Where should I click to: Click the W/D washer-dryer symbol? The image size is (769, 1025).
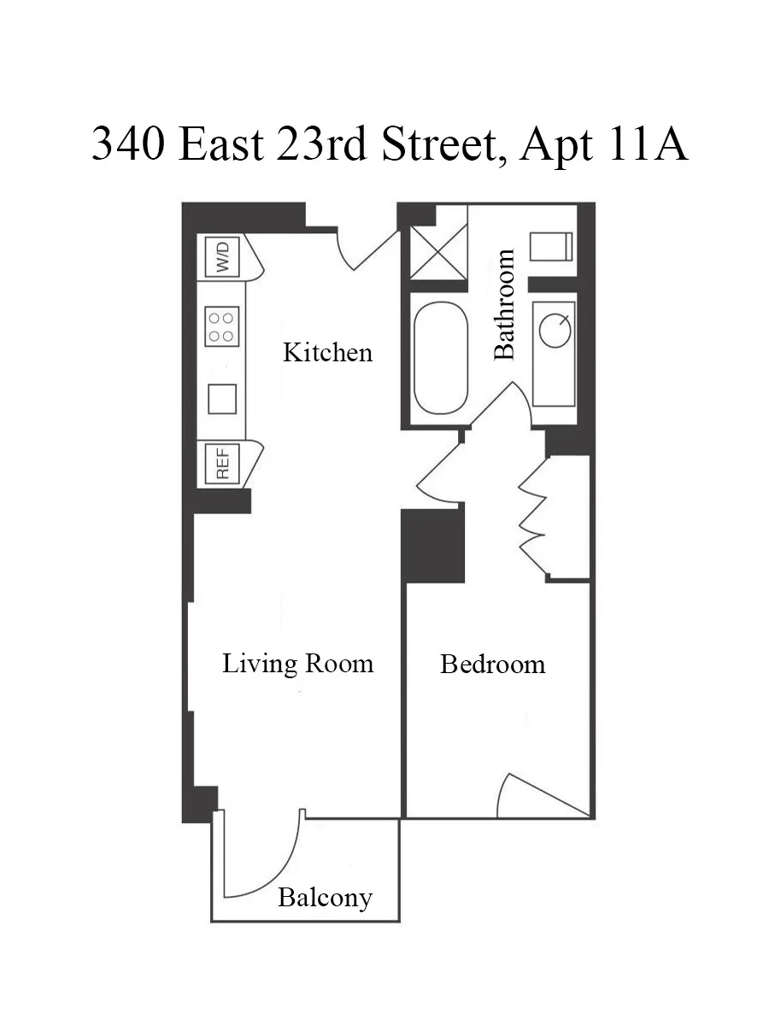coord(222,256)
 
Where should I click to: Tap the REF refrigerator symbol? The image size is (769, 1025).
coord(222,464)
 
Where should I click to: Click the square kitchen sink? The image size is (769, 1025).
coord(222,399)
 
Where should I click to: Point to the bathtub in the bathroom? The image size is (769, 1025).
coord(441,356)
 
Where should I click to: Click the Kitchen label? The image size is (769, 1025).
coord(327,352)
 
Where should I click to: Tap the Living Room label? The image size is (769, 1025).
coord(297,664)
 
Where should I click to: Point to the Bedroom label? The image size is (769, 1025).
coord(492,665)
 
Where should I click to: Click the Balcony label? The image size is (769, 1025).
coord(325,898)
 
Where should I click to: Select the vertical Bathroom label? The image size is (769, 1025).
coord(505,304)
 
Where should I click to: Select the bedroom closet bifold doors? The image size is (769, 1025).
coord(534,518)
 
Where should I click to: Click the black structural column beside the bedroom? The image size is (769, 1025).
coord(433,546)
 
